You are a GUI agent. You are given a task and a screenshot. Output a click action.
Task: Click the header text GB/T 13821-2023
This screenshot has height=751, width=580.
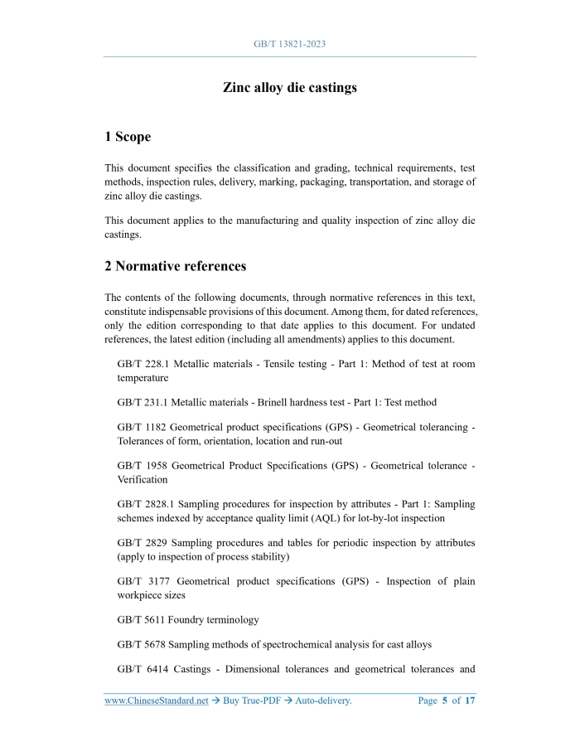(289, 42)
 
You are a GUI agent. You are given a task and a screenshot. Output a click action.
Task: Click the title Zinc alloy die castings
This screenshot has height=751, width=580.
(289, 87)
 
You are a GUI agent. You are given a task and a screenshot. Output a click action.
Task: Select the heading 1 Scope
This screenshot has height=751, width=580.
(128, 137)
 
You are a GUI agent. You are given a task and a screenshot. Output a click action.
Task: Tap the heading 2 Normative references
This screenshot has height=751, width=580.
(175, 266)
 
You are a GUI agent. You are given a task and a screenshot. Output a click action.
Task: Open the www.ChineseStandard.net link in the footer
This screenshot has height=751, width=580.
(156, 701)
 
